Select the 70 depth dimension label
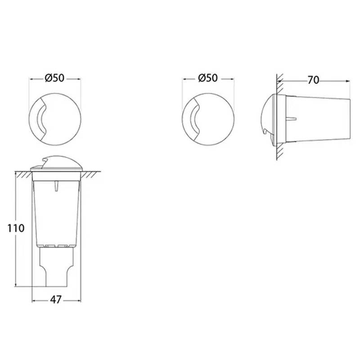[x=313, y=81]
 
